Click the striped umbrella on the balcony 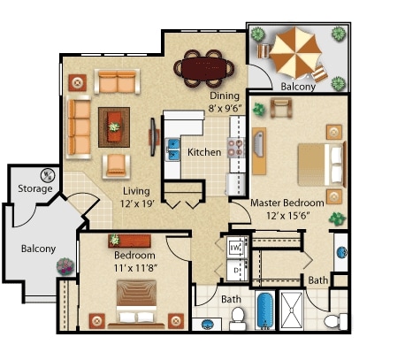(x=295, y=53)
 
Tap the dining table (x=204, y=68)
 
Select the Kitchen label (x=204, y=152)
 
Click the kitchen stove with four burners (x=236, y=148)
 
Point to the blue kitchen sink (x=172, y=149)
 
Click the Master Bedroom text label (x=287, y=203)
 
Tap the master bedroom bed (x=321, y=165)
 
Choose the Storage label (x=35, y=188)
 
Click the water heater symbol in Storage (x=48, y=175)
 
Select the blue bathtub (x=265, y=310)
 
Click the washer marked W (x=236, y=247)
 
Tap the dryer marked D (x=236, y=270)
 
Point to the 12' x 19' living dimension (x=137, y=203)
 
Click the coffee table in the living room (x=114, y=127)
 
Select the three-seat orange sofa (x=79, y=127)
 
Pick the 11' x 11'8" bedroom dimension (x=135, y=268)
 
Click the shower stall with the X (x=291, y=310)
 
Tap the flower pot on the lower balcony (x=65, y=266)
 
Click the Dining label (x=225, y=96)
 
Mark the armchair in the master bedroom (x=281, y=107)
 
